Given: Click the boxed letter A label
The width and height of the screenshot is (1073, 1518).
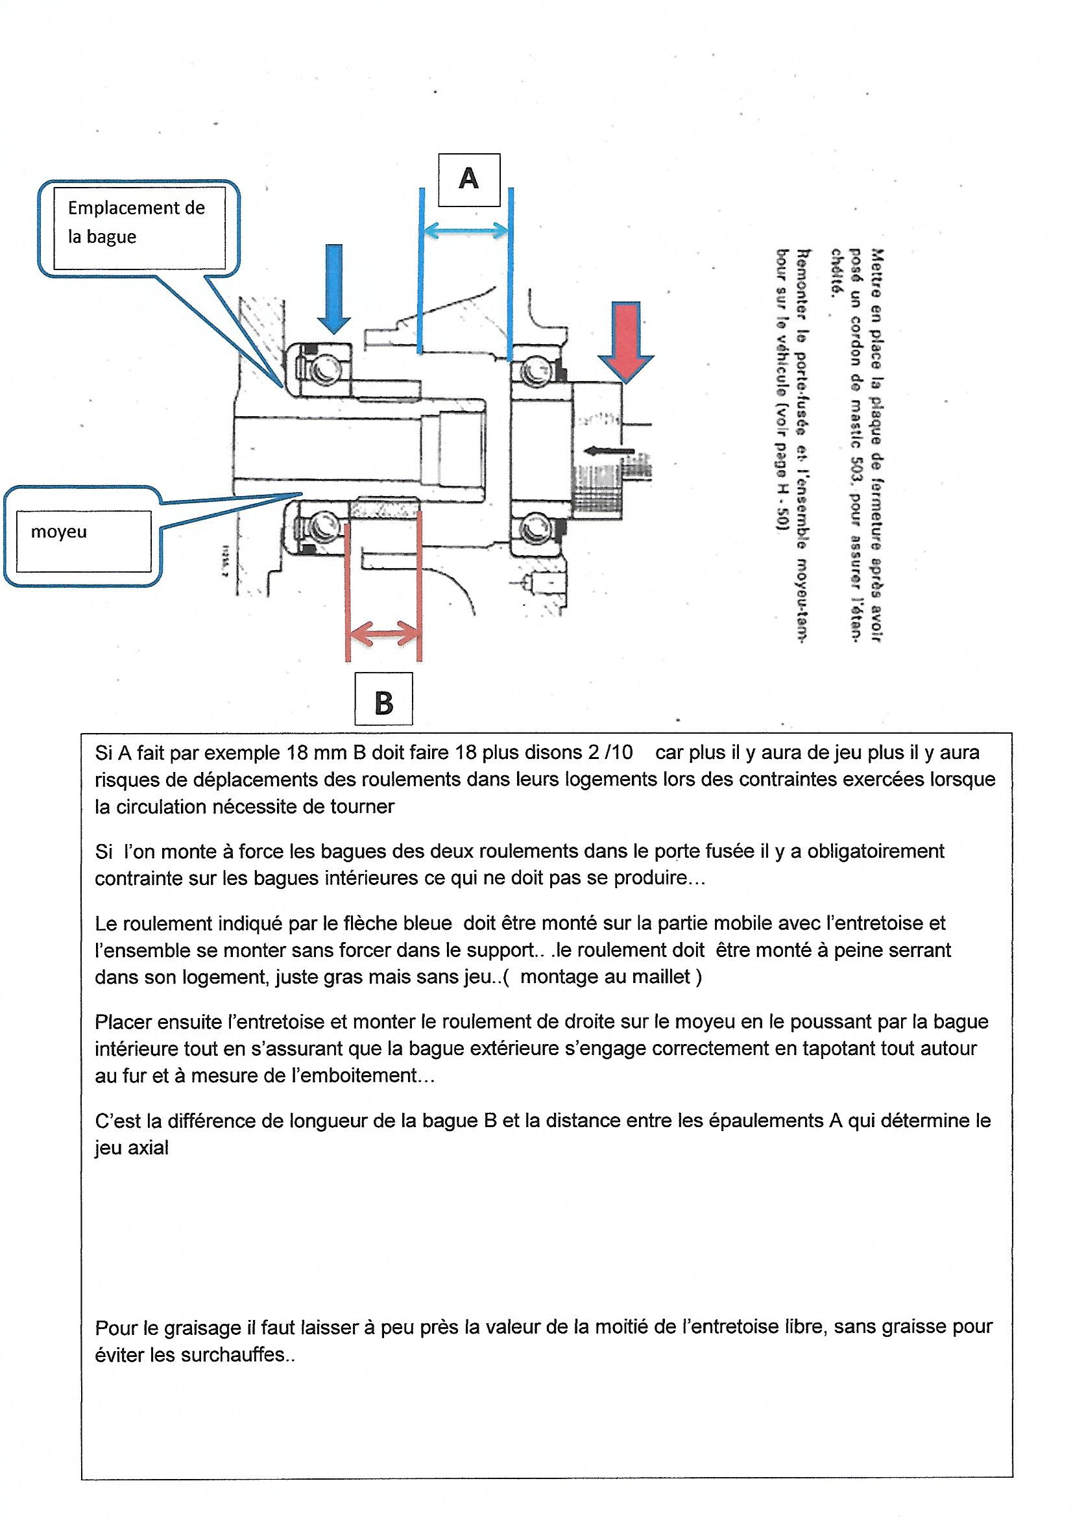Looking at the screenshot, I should click(x=468, y=179).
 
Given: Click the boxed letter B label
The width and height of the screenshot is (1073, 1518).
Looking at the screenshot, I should click(x=383, y=703).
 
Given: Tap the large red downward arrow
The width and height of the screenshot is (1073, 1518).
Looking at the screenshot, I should click(x=625, y=341).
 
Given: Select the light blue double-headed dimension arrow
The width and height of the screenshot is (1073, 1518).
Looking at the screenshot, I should click(x=466, y=230).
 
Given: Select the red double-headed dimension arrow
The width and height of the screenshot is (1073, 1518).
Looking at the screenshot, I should click(x=383, y=635).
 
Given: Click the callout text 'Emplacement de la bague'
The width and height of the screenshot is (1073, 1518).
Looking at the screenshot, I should click(x=136, y=222).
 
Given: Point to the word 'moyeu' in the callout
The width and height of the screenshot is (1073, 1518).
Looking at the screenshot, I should click(x=59, y=532).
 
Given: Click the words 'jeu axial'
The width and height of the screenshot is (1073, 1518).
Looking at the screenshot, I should click(x=132, y=1148).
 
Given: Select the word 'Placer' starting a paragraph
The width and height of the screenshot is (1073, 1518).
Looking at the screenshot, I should click(x=125, y=1021).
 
